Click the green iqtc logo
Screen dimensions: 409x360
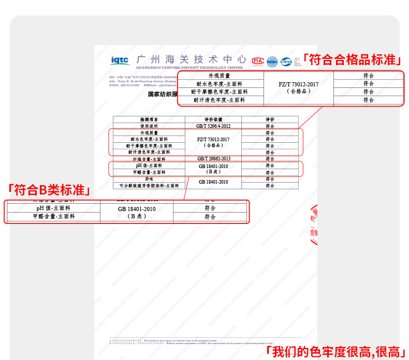pos(120,61)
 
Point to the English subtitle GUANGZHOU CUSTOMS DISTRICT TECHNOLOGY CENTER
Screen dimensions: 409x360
pos(189,68)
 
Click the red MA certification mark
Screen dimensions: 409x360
pos(258,61)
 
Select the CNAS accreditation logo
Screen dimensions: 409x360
pos(286,62)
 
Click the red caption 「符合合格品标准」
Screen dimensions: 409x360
pos(352,59)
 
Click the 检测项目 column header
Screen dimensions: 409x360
pos(149,119)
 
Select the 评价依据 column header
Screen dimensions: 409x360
pos(213,119)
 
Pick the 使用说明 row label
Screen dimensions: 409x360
pos(149,126)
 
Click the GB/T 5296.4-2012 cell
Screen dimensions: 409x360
pos(213,126)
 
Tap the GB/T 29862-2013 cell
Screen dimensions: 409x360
pos(213,159)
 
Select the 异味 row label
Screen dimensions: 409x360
pos(149,178)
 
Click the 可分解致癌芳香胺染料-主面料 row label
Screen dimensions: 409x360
pos(149,185)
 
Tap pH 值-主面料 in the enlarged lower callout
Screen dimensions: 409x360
pos(53,208)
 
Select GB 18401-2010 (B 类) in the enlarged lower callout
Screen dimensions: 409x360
pos(136,212)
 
